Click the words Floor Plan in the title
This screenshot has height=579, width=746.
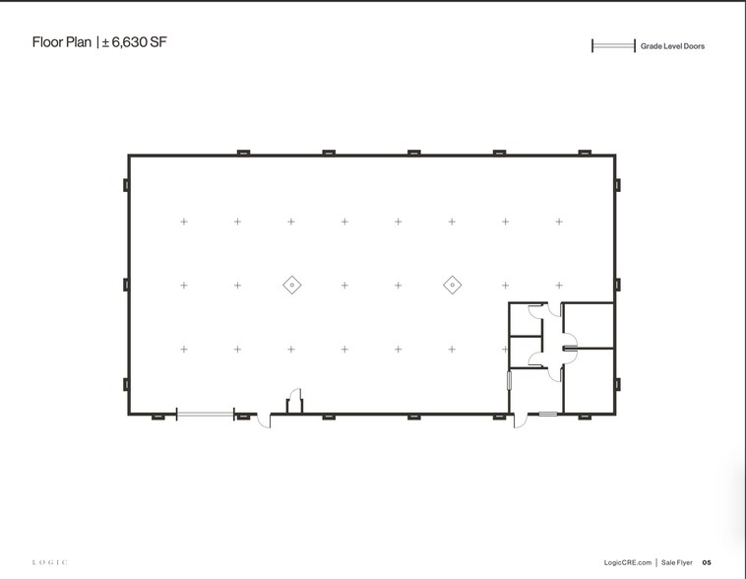click(61, 42)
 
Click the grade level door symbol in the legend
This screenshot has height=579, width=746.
click(613, 46)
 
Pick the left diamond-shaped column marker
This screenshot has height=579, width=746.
click(291, 285)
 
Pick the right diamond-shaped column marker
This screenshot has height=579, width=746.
click(452, 285)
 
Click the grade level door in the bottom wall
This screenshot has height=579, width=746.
click(205, 415)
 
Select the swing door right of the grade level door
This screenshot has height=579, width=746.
click(261, 420)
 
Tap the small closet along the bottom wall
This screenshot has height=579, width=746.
click(293, 406)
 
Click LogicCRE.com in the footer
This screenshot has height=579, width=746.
click(626, 562)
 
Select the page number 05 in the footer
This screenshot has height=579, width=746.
click(707, 562)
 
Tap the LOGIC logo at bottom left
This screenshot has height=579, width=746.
click(50, 562)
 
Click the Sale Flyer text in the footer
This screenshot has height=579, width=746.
click(677, 562)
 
